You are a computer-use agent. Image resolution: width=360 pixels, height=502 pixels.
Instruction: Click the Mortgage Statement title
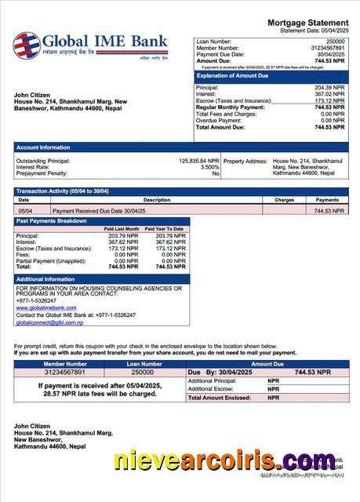point(307,23)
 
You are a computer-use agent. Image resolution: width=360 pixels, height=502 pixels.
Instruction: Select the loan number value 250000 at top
point(335,41)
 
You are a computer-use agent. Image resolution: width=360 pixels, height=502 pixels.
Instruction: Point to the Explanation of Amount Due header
point(234,76)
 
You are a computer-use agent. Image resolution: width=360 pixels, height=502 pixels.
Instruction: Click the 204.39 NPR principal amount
point(329,88)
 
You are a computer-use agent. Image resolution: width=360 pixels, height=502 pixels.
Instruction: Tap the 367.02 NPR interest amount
point(329,94)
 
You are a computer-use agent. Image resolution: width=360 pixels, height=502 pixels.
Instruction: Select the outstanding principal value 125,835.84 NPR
point(199,161)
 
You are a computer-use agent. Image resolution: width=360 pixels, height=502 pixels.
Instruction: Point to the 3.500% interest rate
point(209,167)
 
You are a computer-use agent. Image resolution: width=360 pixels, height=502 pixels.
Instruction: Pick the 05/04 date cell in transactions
point(25,211)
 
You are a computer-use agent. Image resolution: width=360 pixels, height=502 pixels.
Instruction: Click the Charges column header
point(284,200)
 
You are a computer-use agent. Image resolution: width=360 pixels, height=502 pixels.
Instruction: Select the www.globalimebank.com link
point(41,307)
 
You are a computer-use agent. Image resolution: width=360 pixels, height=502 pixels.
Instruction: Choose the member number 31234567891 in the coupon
point(65,373)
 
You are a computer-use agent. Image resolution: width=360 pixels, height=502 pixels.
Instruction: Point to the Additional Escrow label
point(212,389)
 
